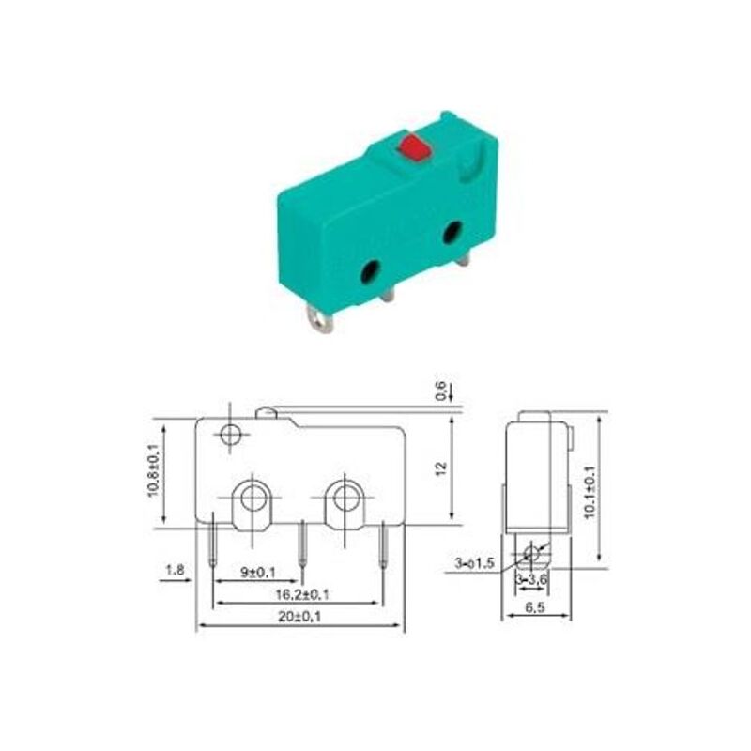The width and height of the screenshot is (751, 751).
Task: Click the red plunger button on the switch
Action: tap(415, 146)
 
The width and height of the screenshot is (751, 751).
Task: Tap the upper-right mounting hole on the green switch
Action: tap(452, 232)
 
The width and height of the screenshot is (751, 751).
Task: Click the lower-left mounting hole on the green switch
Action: tap(370, 271)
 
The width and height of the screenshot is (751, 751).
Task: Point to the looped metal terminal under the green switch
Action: tap(320, 318)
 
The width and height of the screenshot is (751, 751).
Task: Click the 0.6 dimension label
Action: tap(440, 390)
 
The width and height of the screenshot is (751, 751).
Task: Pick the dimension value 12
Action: tap(440, 468)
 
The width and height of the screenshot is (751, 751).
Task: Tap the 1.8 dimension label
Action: tap(175, 570)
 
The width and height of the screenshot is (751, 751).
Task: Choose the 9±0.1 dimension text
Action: tap(257, 572)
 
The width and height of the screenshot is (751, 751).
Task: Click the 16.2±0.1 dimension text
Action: tap(302, 594)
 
